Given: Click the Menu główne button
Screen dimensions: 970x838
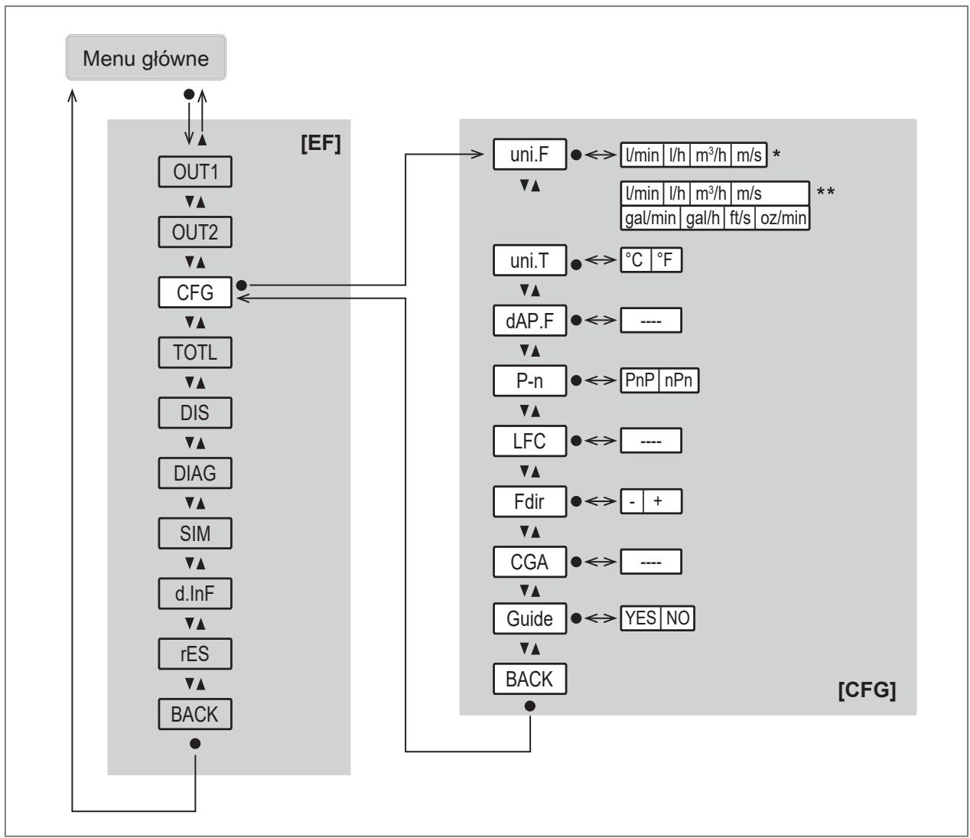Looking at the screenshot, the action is [x=145, y=57].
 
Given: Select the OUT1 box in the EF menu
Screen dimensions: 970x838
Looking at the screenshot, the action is [x=195, y=172].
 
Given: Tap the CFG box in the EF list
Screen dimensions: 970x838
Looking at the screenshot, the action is [x=195, y=292].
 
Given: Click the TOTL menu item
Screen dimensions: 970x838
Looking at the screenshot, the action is [x=195, y=353].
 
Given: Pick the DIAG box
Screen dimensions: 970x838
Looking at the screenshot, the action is [x=195, y=473].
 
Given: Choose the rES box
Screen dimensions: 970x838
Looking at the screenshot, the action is [x=195, y=654].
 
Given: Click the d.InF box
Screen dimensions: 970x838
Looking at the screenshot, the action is [x=195, y=594].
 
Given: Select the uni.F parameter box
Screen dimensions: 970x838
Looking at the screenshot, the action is [x=529, y=155].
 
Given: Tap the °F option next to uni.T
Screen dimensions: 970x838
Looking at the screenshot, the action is [x=666, y=259].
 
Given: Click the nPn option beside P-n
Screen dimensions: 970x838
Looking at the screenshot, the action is [x=679, y=380].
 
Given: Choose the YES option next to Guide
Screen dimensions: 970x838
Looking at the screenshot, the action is [x=640, y=618].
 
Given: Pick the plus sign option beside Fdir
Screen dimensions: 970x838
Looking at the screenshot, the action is [x=662, y=501].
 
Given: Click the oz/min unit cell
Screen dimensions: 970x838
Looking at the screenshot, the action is [x=783, y=218].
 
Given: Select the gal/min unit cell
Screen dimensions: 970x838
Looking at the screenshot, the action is [x=650, y=218].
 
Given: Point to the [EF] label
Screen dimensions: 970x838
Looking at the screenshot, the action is [x=321, y=143].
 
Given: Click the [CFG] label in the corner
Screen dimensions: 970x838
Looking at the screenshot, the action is [x=867, y=690].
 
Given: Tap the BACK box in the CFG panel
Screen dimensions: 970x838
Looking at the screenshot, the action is [x=529, y=679].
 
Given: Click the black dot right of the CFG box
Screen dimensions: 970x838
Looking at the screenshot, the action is [x=242, y=285].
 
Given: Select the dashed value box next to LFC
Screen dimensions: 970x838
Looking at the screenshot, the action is [x=651, y=441].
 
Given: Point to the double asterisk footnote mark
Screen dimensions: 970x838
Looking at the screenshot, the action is [x=825, y=191].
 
